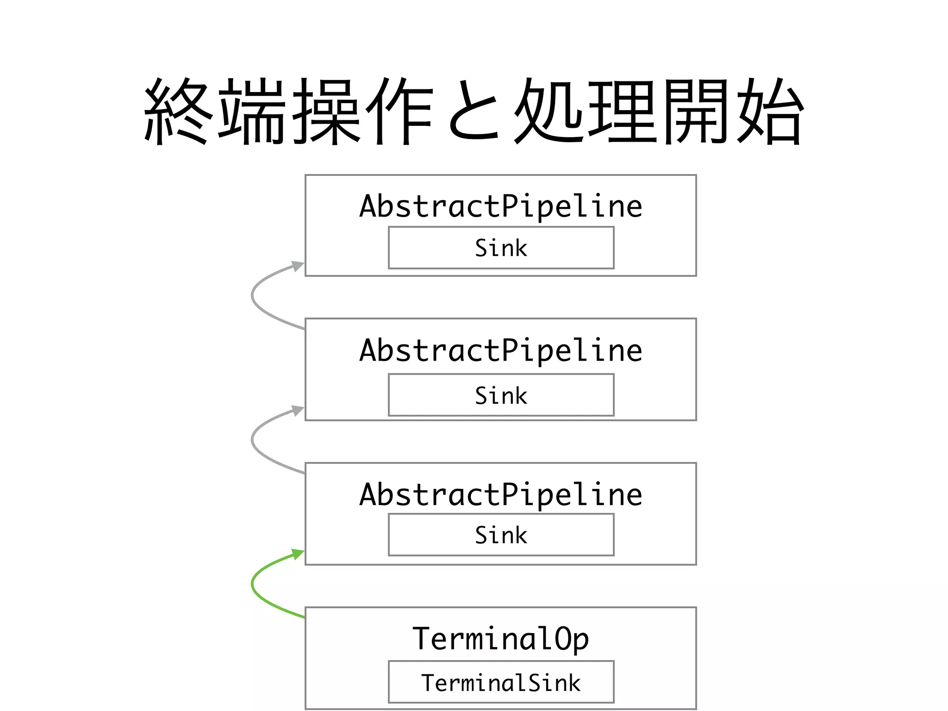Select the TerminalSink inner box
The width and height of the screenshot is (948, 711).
(x=501, y=682)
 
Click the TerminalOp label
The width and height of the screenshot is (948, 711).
(x=501, y=639)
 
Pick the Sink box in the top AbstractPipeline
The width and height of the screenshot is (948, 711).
(x=501, y=248)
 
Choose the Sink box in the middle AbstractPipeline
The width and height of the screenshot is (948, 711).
(x=501, y=395)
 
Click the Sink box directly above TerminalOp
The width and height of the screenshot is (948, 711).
(x=501, y=535)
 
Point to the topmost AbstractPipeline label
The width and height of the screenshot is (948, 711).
(x=501, y=206)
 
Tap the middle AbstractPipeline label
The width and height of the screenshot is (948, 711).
(x=501, y=350)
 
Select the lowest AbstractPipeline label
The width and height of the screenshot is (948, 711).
(x=501, y=494)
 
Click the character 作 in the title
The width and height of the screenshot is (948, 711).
(x=399, y=111)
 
